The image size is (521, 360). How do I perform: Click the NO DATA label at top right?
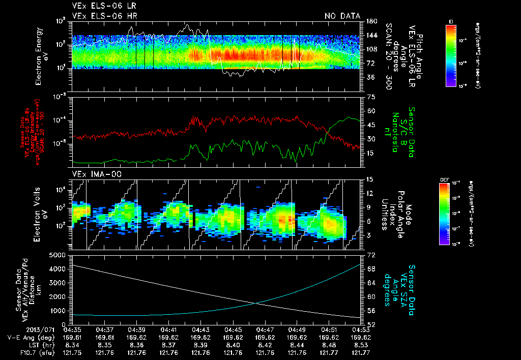click(x=342, y=16)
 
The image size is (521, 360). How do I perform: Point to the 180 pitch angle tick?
click(x=370, y=21)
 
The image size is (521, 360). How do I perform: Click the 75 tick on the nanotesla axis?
click(x=370, y=97)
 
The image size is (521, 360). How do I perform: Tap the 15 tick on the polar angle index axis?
click(x=370, y=179)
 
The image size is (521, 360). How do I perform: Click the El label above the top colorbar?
click(x=451, y=21)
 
